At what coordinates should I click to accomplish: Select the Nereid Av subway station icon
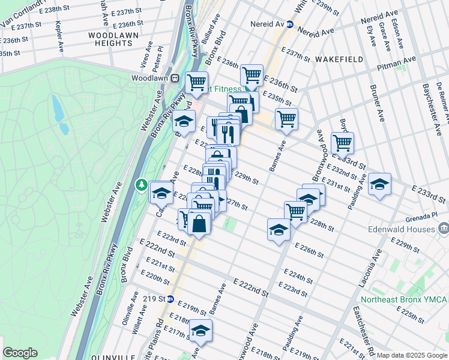click(x=289, y=25)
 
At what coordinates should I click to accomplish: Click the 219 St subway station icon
click(x=170, y=299)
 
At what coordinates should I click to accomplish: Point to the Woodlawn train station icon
click(x=175, y=78)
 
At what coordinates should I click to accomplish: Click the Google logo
click(x=20, y=353)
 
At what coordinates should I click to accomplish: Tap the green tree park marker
click(x=142, y=185)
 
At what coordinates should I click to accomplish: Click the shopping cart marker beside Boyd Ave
click(x=342, y=143)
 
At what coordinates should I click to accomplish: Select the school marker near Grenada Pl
click(x=379, y=184)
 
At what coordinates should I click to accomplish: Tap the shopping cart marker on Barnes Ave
click(x=286, y=118)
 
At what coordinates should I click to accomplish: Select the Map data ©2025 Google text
click(x=411, y=355)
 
